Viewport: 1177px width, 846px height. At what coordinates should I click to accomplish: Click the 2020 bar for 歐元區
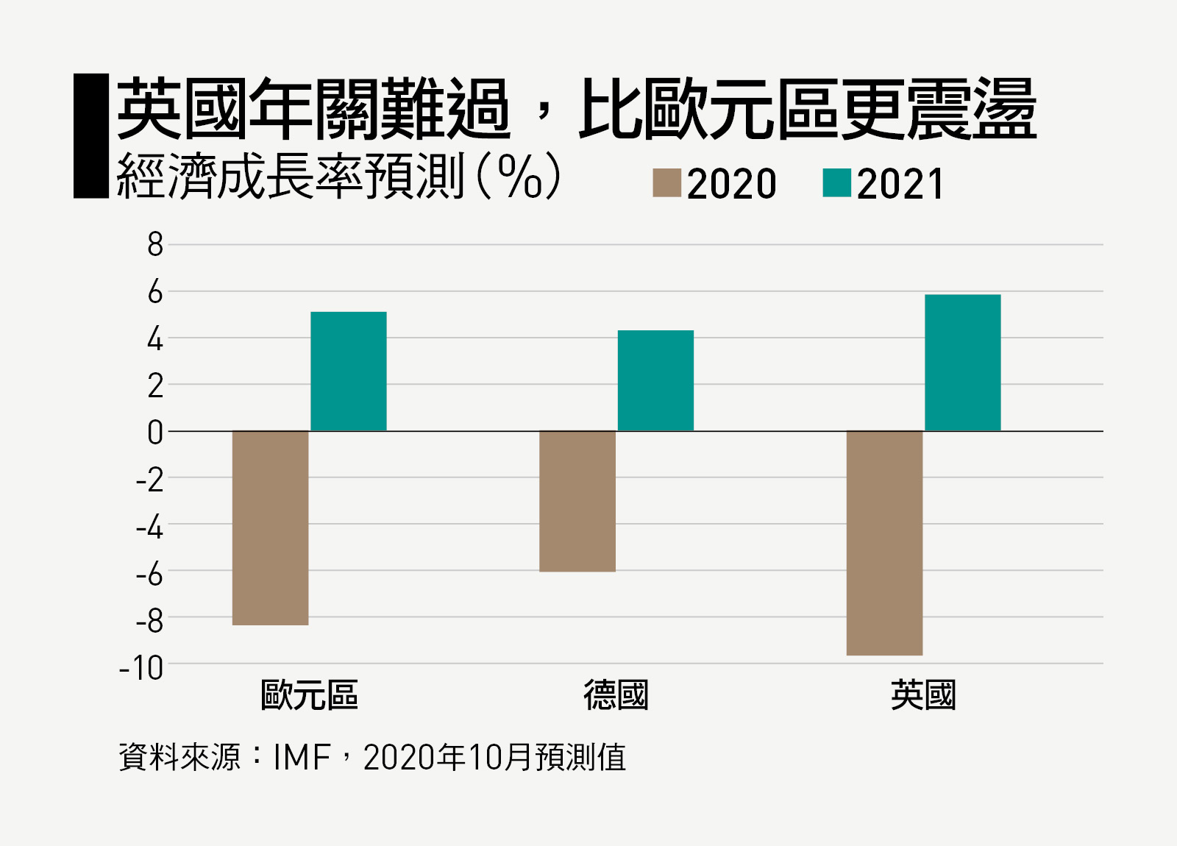pos(270,527)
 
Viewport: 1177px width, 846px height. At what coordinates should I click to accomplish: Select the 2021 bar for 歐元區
pos(348,372)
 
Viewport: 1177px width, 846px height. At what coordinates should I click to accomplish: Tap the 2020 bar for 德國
pos(577,501)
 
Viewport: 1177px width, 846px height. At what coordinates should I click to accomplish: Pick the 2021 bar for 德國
pos(655,380)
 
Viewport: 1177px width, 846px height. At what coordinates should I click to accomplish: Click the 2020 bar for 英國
pos(884,543)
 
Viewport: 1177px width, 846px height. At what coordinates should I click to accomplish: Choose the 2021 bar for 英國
pos(962,363)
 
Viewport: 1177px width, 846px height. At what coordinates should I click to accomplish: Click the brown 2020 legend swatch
pos(666,183)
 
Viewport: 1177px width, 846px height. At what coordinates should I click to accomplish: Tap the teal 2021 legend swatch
pos(836,183)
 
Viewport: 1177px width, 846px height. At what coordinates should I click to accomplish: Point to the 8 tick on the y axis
pos(154,245)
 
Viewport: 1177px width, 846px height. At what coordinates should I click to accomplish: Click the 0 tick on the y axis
pos(154,433)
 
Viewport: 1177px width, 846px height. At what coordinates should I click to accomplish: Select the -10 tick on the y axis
pos(141,668)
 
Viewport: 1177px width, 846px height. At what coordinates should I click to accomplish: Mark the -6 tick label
pos(149,574)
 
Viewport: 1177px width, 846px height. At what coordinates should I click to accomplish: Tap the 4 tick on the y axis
pos(154,339)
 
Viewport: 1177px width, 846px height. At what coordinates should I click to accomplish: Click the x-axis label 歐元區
pos(309,695)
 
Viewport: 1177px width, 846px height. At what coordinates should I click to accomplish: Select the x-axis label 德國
pos(616,695)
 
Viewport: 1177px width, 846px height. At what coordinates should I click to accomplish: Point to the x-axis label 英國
pos(923,695)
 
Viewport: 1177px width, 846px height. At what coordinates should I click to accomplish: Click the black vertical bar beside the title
pos(91,136)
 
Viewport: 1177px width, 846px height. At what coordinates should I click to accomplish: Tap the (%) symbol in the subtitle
pos(519,177)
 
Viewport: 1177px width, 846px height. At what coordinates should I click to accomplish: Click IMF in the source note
pos(302,758)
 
